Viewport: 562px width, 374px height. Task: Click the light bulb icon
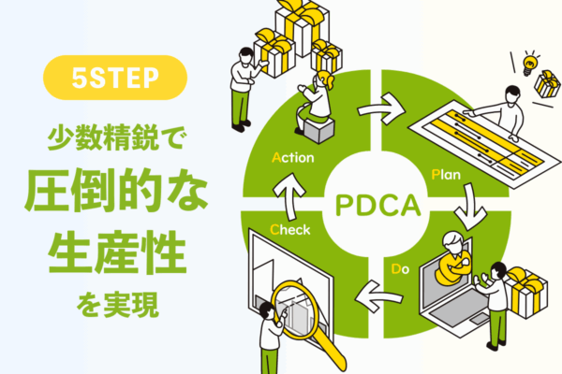click(528, 65)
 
